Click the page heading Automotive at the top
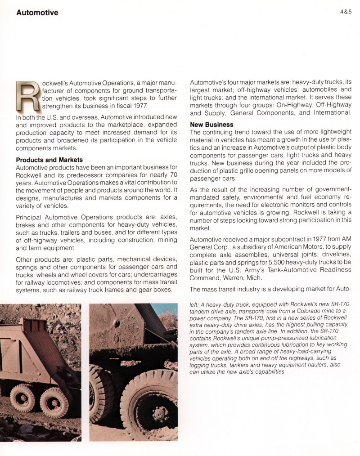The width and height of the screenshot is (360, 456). (x=37, y=13)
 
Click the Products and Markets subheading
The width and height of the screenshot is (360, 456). (x=49, y=160)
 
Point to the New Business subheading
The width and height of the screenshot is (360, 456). (x=212, y=124)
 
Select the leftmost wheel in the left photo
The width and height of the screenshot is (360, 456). (x=22, y=398)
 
